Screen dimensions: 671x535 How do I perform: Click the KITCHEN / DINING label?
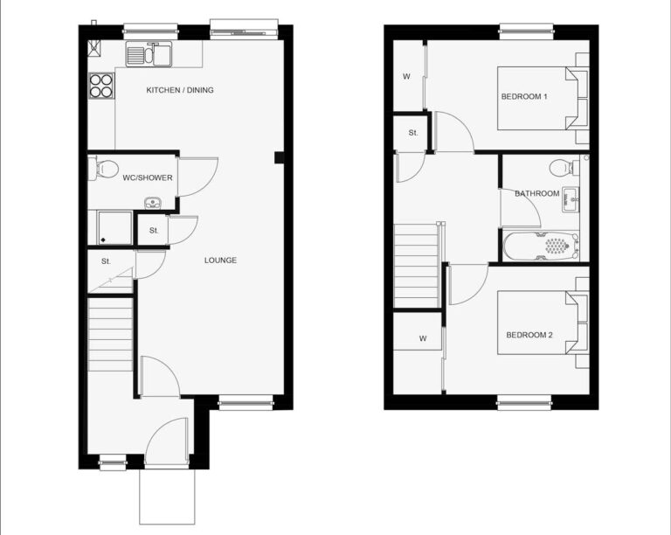180,90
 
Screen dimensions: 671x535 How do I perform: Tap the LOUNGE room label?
220,261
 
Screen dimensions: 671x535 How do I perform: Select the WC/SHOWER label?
148,177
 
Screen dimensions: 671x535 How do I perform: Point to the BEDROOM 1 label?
524,96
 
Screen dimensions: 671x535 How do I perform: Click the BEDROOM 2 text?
529,335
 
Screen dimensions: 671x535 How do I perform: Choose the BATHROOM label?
537,193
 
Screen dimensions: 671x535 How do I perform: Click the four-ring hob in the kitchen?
101,86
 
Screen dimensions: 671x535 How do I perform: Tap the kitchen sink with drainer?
149,54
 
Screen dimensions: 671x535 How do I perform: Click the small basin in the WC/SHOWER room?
151,203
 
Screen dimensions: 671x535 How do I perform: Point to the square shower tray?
114,228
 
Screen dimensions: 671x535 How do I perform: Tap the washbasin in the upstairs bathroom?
571,199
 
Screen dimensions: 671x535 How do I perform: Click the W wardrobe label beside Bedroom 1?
406,77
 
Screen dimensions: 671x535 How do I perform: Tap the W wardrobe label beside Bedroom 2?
423,338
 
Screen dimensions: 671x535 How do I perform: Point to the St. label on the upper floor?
413,133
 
